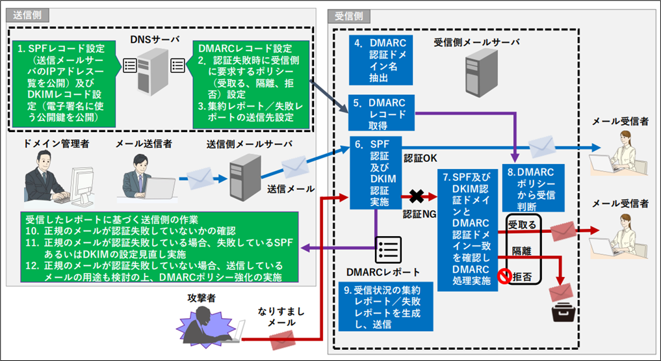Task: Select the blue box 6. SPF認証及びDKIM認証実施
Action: tap(375, 172)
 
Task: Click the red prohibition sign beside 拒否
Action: tap(503, 276)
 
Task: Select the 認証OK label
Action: tap(421, 158)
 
